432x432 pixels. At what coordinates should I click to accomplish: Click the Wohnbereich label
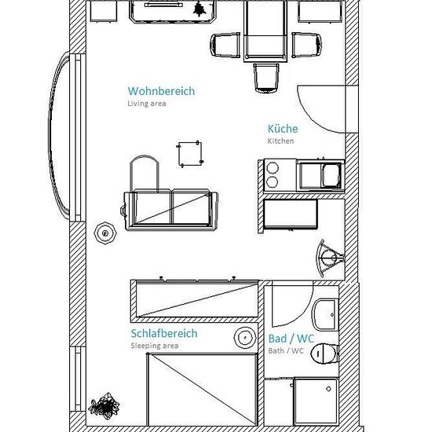tap(161, 91)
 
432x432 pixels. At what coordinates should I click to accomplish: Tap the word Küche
tap(283, 129)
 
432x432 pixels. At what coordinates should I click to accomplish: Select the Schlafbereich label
tap(164, 333)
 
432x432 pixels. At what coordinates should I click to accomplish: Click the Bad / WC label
tap(291, 339)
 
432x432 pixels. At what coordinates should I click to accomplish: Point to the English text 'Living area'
tap(147, 104)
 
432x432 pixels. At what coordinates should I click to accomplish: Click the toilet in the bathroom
tap(324, 353)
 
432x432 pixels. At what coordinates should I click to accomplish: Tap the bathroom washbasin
tap(325, 314)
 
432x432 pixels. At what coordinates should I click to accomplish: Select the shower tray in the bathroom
tap(316, 401)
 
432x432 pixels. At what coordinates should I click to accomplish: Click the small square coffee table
tap(190, 154)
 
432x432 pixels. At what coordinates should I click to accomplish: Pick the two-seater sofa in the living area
tap(170, 210)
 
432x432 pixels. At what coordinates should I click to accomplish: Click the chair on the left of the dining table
tap(225, 45)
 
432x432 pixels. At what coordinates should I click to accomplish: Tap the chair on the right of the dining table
tap(306, 45)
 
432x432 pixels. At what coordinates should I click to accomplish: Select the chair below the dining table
tap(266, 79)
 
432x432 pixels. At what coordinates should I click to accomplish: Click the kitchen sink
tap(320, 175)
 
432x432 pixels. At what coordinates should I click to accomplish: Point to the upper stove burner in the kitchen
tap(273, 168)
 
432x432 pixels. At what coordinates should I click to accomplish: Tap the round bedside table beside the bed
tap(245, 337)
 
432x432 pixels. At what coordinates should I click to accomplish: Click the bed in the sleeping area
tap(202, 390)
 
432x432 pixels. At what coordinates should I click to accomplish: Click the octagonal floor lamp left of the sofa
tap(105, 233)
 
